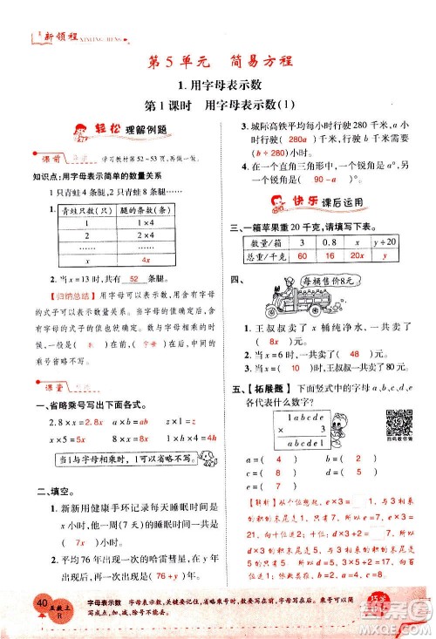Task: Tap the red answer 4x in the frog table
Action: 146,259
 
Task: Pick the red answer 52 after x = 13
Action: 133,278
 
